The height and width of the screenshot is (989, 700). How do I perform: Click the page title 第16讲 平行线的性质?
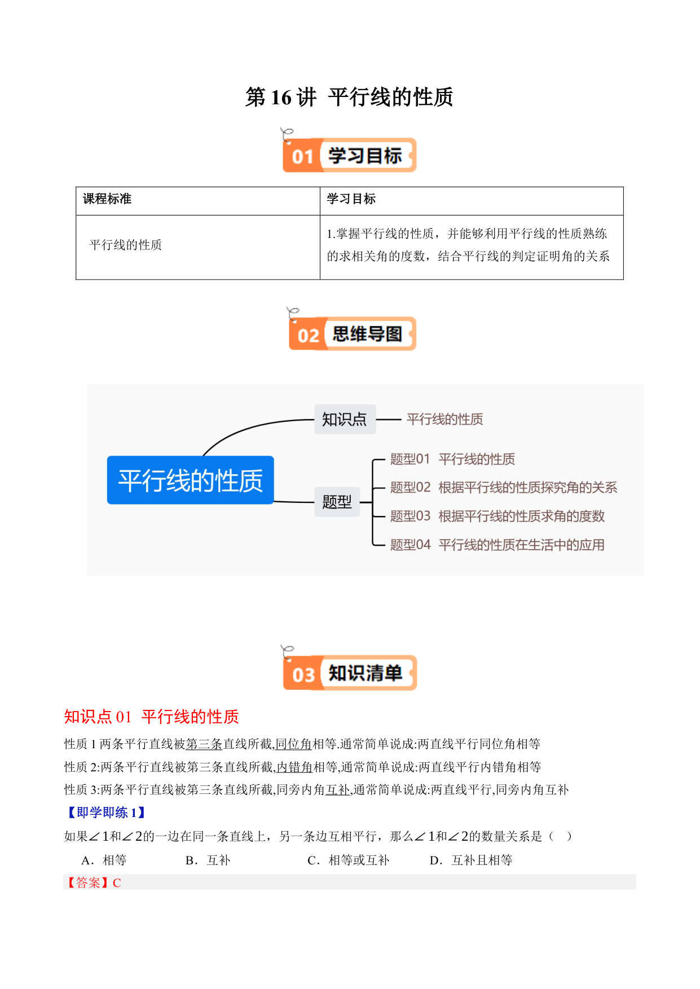349,97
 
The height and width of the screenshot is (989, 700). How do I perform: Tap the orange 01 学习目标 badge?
349,155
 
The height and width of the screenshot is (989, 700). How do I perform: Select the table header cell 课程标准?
107,198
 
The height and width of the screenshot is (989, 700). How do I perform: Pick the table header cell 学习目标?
351,198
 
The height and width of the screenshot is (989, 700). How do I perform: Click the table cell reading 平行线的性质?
126,245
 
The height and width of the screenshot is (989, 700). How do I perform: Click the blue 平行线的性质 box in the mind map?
191,480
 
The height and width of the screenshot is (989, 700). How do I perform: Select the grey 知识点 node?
345,419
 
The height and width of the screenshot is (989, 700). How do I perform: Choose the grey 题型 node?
337,501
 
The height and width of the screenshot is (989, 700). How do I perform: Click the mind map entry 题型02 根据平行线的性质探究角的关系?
504,487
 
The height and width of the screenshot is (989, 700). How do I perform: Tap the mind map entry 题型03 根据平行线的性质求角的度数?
498,516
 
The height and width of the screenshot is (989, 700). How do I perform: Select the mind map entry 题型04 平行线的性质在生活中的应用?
498,545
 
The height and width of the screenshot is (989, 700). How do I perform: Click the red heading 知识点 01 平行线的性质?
152,717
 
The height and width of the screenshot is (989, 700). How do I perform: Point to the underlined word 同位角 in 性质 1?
293,744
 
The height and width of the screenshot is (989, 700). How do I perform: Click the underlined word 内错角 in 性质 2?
294,767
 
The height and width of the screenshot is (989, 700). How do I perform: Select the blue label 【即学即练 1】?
107,813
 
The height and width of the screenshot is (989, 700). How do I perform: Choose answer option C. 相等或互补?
349,860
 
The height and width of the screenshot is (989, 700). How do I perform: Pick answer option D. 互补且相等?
471,860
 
